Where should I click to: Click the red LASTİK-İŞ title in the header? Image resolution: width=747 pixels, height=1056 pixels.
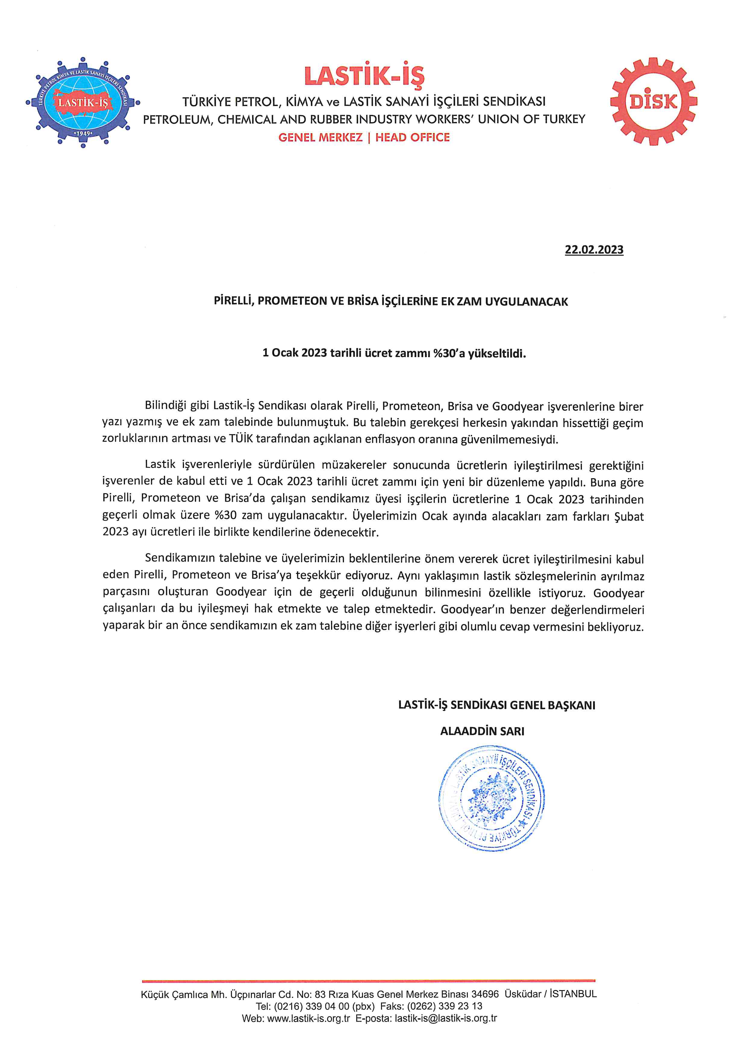[364, 76]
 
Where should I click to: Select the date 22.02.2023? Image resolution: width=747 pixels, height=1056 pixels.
[594, 250]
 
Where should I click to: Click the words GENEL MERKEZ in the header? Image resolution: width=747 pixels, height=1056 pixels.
[320, 138]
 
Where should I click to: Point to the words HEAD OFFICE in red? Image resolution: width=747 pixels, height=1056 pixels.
[413, 138]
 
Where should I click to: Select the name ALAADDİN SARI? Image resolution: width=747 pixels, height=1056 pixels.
[482, 731]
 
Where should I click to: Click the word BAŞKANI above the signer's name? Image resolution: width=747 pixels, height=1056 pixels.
[571, 705]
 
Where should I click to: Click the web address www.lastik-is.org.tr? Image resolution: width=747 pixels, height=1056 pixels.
[308, 1018]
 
